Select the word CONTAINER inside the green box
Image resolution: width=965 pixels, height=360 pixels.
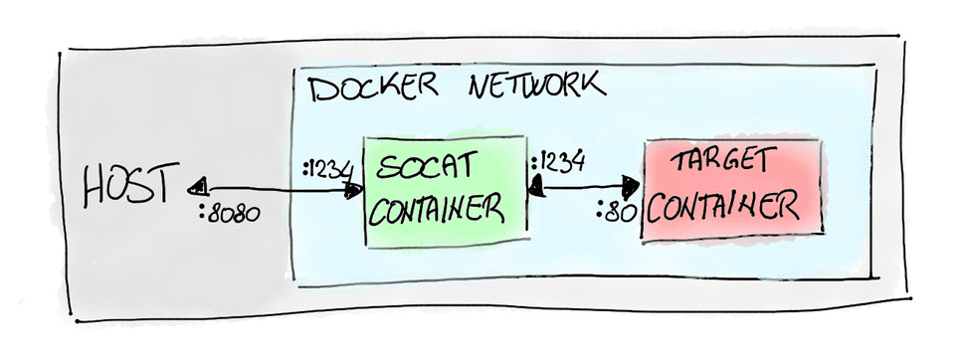click(x=434, y=210)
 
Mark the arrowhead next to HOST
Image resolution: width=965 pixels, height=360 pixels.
click(x=198, y=186)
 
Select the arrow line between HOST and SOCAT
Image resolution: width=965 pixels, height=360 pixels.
click(x=274, y=188)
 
